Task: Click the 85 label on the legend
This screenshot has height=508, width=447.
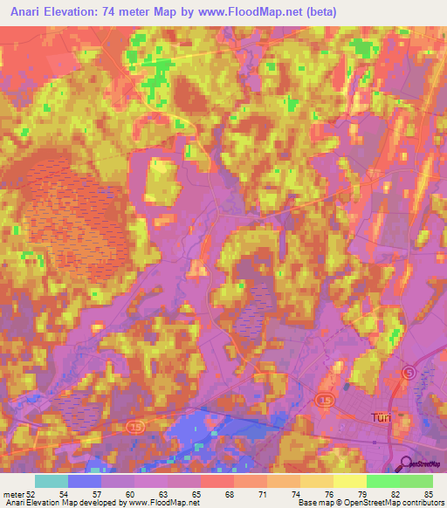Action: [428, 493]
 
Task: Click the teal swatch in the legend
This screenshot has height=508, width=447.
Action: [52, 480]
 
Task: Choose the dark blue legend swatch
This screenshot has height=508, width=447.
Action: [85, 480]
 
